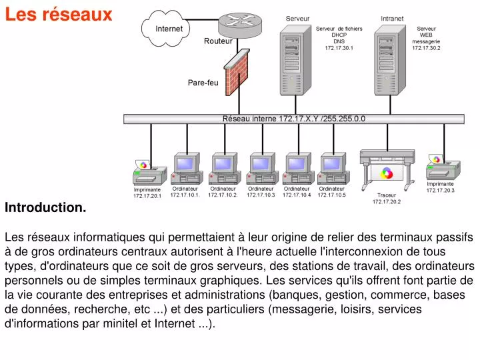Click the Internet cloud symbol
tap(165, 29)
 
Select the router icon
tap(240, 25)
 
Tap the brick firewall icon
tap(237, 72)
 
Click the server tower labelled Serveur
tap(295, 60)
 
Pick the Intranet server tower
tap(390, 60)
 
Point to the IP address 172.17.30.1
tap(339, 48)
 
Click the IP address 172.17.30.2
tap(426, 48)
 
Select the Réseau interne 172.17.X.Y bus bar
tap(294, 119)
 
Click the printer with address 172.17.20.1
tap(150, 173)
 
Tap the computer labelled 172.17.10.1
tap(187, 169)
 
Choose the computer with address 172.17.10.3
tap(263, 169)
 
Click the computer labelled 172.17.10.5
tap(333, 169)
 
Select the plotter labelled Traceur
tap(387, 170)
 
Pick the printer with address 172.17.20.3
tap(443, 168)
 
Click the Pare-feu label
tap(203, 83)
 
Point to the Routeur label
tap(218, 41)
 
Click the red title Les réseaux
tap(59, 15)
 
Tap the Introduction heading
tap(45, 207)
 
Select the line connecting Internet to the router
tap(203, 20)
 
